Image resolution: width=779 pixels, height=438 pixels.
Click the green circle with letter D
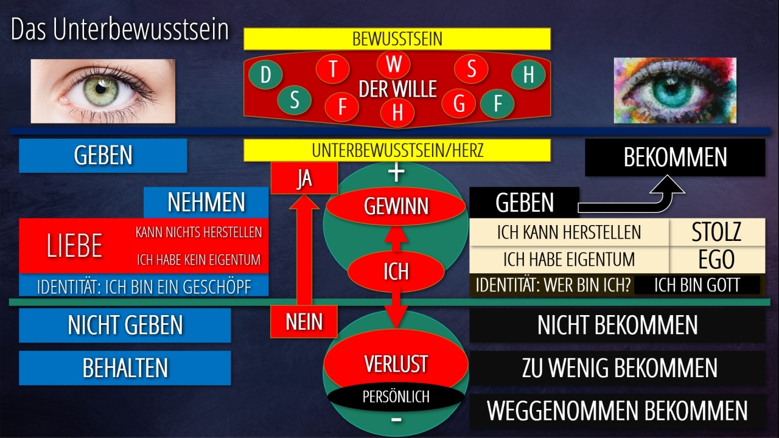pos(265,75)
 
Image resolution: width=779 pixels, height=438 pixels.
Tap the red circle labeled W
pos(394,64)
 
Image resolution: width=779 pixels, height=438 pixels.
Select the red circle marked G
pos(459,104)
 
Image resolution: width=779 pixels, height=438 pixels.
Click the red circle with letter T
pos(332,69)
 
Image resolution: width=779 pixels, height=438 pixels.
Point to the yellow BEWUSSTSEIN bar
pos(397,40)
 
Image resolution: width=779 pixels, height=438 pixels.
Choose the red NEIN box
pos(304,322)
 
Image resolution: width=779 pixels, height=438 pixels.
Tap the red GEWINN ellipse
pos(396,206)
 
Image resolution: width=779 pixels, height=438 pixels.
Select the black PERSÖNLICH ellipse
pos(396,397)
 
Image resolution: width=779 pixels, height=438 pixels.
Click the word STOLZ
pos(717,232)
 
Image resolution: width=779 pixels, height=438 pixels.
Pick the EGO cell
pos(717,260)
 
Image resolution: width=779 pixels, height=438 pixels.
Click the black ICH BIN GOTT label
pos(697,285)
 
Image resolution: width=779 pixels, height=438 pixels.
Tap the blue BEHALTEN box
pos(125,368)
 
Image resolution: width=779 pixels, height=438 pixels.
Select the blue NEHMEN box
pos(206,203)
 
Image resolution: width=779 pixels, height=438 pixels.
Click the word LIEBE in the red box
pos(74,246)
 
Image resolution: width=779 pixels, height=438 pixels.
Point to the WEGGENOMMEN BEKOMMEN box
pos(617,411)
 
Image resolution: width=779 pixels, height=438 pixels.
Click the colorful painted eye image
pos(674,90)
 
